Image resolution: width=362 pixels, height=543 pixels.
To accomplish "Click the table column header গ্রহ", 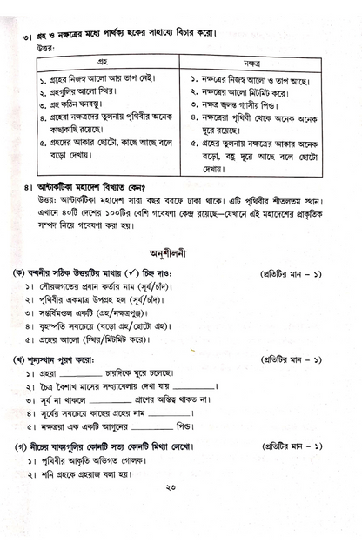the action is (x=102, y=63).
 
